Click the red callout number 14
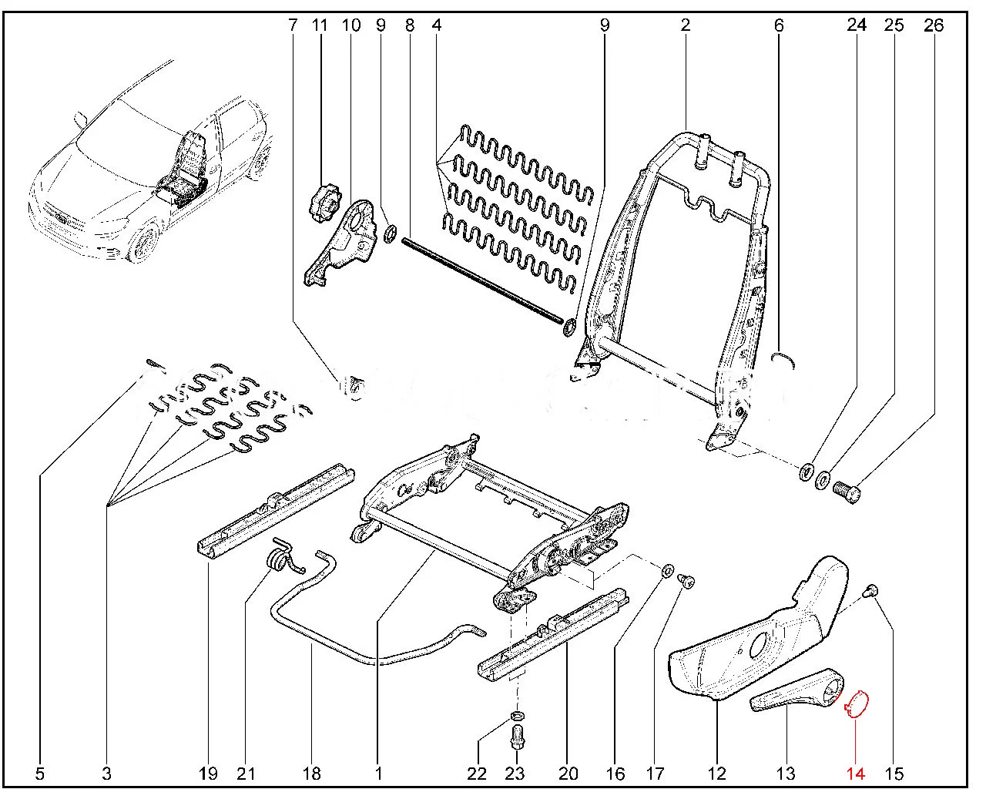(856, 773)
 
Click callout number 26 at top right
(933, 25)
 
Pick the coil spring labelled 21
(280, 558)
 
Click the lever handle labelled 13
(793, 690)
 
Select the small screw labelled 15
(872, 592)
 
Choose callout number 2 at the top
(685, 25)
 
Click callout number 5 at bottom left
(41, 773)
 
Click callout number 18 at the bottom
(312, 773)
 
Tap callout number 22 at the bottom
(478, 773)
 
